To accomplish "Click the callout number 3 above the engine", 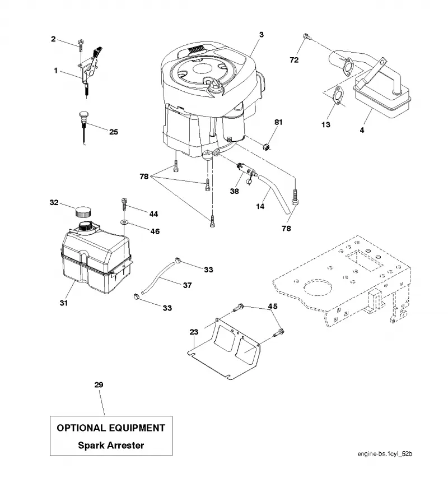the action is tap(262, 35).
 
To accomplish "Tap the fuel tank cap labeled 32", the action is tap(83, 211).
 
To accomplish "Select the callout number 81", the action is tap(278, 122).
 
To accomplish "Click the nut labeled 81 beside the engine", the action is tap(267, 146).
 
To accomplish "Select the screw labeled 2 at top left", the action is tap(81, 45).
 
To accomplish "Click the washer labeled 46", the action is tap(124, 222).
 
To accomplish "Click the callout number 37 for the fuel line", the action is tap(187, 285).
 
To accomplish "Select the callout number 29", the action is tap(99, 384).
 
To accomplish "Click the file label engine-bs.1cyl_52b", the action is tap(385, 454).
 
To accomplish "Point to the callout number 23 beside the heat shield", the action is tap(194, 332).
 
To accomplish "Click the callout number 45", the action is tap(273, 306).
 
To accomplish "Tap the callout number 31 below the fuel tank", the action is tap(64, 303).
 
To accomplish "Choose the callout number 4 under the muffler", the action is tap(362, 130).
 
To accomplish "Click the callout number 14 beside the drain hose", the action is tap(260, 206).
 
